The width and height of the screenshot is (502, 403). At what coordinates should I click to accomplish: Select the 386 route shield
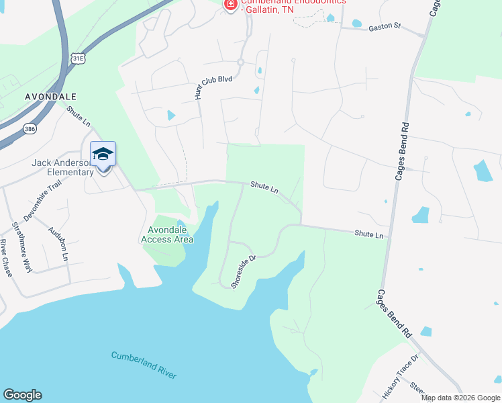tap(30, 129)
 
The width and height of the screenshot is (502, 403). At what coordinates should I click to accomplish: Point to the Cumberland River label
tap(144, 365)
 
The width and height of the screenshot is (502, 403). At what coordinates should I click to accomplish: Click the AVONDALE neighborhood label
tap(50, 97)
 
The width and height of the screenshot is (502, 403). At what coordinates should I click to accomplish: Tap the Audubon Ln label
tap(58, 243)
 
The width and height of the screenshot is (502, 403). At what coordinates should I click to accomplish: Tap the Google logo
tap(22, 395)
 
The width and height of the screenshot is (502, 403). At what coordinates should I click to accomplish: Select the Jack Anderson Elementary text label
tap(62, 167)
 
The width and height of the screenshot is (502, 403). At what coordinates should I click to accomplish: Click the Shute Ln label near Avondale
tap(78, 116)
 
